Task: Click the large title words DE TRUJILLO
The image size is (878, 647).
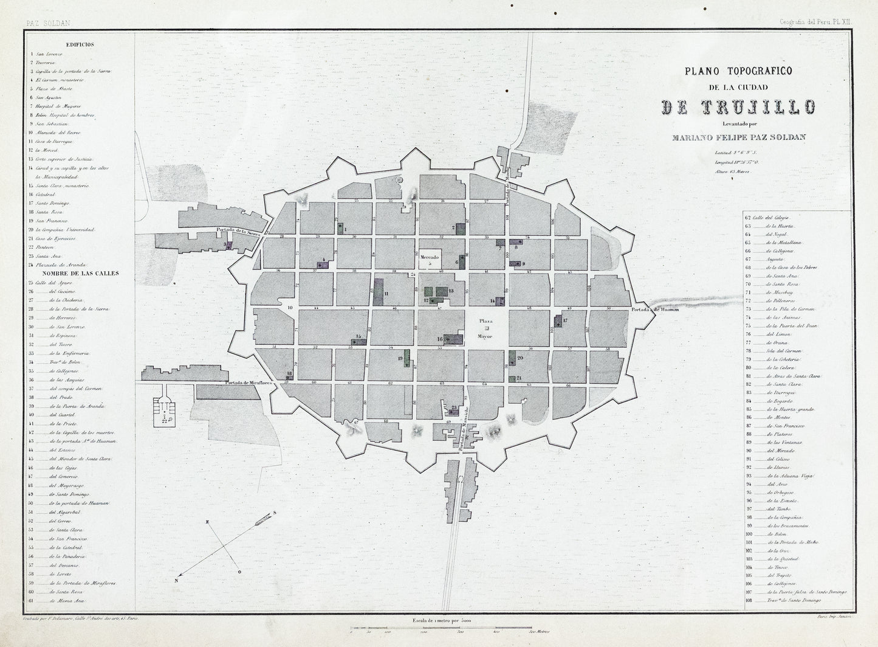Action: point(738,107)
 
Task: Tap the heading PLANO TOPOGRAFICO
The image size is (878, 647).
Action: point(738,71)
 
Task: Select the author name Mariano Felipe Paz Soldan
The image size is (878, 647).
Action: point(738,137)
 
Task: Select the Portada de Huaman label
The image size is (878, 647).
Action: point(654,310)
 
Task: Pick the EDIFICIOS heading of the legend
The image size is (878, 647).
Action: point(80,44)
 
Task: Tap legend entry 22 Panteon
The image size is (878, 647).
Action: point(43,247)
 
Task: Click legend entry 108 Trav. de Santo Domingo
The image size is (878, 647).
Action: point(784,600)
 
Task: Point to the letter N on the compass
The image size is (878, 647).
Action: point(177,580)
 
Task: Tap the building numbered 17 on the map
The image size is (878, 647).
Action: point(560,321)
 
